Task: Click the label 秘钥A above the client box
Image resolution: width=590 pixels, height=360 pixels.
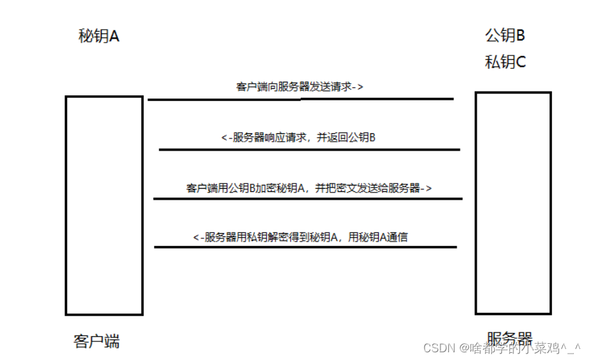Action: click(x=99, y=36)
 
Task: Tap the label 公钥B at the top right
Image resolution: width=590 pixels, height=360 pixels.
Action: click(x=505, y=35)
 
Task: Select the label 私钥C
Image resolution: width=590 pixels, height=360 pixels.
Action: click(x=505, y=62)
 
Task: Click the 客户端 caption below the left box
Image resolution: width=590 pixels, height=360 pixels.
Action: click(x=97, y=341)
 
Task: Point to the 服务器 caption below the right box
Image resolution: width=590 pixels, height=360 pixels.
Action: click(x=509, y=339)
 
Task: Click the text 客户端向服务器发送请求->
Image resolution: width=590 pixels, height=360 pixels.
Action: click(x=300, y=87)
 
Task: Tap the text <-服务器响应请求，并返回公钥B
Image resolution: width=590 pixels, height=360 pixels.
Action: click(x=298, y=137)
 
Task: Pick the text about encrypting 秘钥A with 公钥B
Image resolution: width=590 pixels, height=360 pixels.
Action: click(x=309, y=188)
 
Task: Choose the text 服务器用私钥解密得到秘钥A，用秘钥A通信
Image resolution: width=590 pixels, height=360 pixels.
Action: click(x=300, y=237)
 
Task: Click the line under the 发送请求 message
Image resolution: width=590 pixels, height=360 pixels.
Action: click(x=300, y=99)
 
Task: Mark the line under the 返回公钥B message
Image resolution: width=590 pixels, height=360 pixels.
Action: click(x=309, y=149)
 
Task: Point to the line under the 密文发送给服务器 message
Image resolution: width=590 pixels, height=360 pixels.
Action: click(x=307, y=198)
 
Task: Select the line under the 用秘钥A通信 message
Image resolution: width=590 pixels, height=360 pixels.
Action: click(x=305, y=247)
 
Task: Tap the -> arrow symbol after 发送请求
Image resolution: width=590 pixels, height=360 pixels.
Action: click(x=358, y=87)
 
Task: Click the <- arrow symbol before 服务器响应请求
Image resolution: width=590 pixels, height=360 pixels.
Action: click(x=225, y=137)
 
